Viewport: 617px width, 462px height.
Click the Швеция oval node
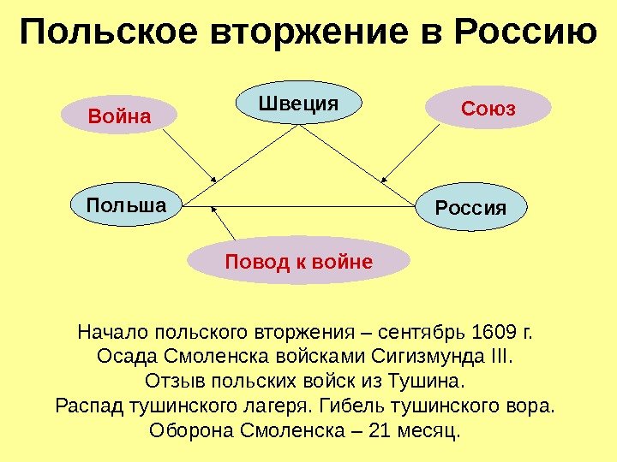299,104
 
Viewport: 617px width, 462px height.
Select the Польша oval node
127,204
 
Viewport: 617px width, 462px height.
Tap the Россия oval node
471,208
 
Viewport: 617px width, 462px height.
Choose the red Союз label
488,109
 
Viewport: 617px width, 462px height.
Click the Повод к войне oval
299,260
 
